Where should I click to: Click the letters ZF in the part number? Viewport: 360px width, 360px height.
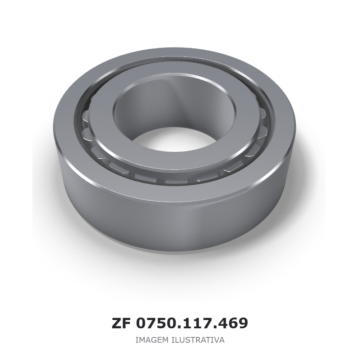[x=121, y=324]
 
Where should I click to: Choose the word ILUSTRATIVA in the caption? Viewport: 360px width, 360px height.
[x=198, y=340]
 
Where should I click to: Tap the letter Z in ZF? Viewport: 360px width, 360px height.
[x=116, y=324]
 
